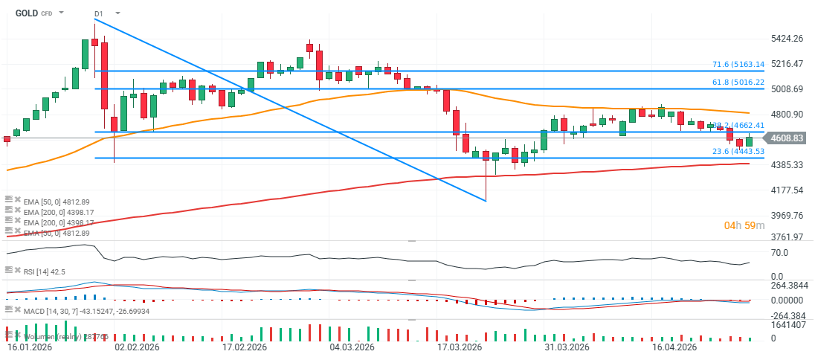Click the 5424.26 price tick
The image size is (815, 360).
pyautogui.click(x=787, y=39)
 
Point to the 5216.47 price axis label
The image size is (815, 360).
pyautogui.click(x=787, y=64)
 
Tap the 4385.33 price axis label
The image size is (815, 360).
pyautogui.click(x=787, y=164)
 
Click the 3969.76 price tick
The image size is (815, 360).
pyautogui.click(x=787, y=215)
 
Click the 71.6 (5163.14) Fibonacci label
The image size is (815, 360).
pyautogui.click(x=738, y=65)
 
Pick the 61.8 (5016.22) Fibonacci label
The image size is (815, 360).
pyautogui.click(x=738, y=82)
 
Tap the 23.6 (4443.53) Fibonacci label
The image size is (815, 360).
pyautogui.click(x=738, y=152)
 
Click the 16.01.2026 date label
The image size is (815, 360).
pyautogui.click(x=30, y=347)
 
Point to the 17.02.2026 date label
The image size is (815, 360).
pyautogui.click(x=245, y=347)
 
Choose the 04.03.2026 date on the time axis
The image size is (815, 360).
pyautogui.click(x=352, y=347)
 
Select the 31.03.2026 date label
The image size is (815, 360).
pyautogui.click(x=567, y=347)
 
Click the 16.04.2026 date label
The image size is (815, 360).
pyautogui.click(x=674, y=347)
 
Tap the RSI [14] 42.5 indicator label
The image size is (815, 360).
pyautogui.click(x=44, y=271)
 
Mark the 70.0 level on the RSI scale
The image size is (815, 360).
pyautogui.click(x=780, y=253)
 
